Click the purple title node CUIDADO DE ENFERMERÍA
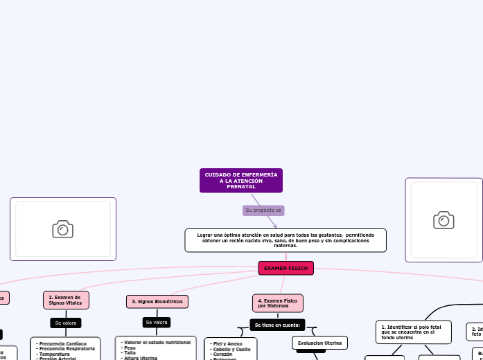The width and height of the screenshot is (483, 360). tap(240, 181)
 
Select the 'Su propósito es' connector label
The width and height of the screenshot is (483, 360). tap(263, 210)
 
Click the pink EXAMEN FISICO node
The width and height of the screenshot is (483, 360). tap(286, 268)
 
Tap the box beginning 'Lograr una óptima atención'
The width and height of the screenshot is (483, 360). tap(286, 240)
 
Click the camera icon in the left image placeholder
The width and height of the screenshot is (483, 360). tap(62, 229)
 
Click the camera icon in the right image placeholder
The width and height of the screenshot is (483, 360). tap(444, 220)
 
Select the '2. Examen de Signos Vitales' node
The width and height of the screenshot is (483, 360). tap(65, 300)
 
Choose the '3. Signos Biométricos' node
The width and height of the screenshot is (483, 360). tap(157, 301)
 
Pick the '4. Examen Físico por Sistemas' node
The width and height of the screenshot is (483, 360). tap(277, 303)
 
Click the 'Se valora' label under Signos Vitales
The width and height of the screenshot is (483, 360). tap(65, 323)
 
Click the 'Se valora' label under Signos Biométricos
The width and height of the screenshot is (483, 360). tap(157, 322)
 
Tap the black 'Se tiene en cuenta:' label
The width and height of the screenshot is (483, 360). tap(277, 325)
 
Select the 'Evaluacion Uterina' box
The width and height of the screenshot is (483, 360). tap(319, 343)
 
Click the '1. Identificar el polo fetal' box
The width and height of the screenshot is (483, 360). tap(413, 332)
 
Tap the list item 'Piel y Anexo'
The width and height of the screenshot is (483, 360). tap(226, 343)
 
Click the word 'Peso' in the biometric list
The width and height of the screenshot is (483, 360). tap(130, 348)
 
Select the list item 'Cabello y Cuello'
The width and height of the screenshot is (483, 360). tap(230, 349)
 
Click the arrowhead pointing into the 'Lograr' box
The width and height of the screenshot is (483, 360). tap(275, 226)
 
